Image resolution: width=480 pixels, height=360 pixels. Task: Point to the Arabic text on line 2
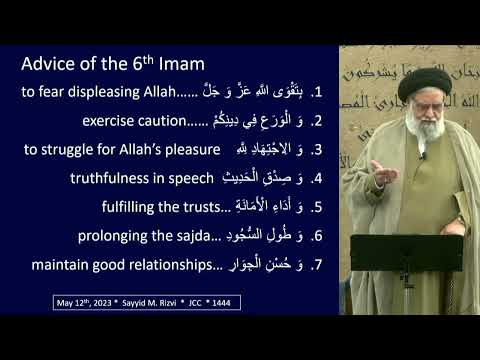265,122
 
